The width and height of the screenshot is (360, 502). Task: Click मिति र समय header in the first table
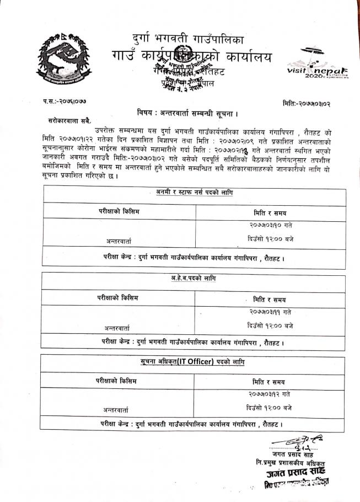tap(270, 212)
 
